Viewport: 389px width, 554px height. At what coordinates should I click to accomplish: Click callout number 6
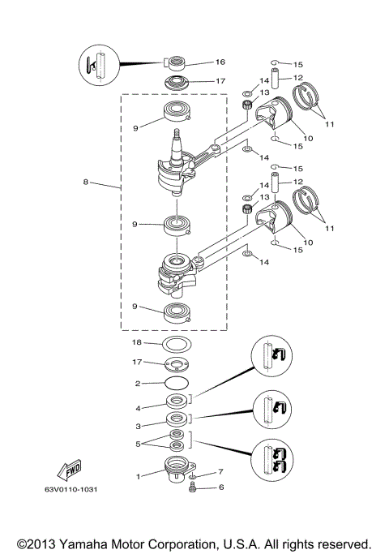click(x=220, y=487)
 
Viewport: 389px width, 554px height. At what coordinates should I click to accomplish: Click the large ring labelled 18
click(x=177, y=344)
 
